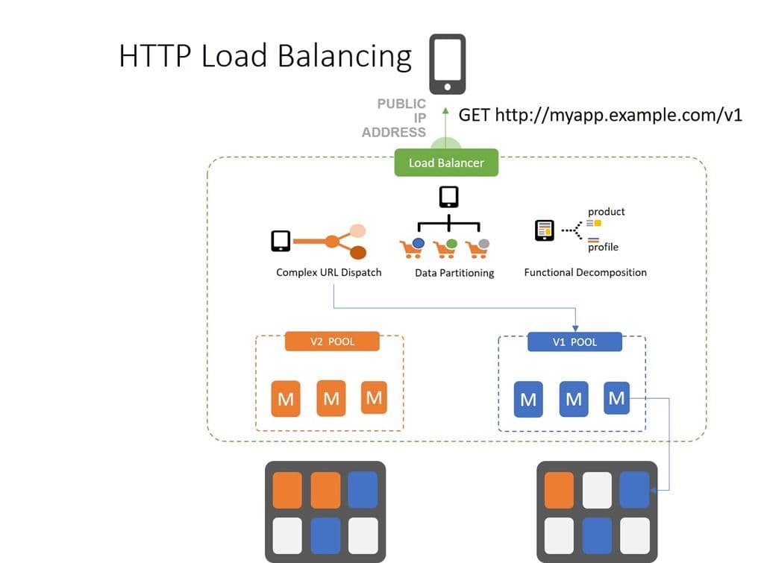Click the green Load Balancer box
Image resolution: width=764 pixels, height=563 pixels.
(446, 163)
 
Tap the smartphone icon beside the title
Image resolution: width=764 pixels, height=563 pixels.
(448, 64)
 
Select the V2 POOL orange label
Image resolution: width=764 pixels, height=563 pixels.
(332, 342)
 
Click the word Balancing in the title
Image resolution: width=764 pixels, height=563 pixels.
(343, 57)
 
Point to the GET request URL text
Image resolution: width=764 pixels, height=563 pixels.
(600, 115)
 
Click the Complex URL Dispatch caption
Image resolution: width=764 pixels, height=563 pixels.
(328, 272)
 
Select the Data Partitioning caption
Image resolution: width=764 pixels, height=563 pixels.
(454, 273)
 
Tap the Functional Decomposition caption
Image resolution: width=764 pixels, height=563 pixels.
(585, 272)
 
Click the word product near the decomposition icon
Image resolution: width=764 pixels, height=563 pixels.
(606, 212)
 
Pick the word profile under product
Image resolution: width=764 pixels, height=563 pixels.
(603, 247)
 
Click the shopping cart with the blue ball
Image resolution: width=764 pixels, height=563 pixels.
(412, 248)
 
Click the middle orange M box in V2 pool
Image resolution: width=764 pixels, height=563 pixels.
(331, 398)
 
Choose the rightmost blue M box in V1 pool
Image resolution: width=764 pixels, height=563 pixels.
(616, 397)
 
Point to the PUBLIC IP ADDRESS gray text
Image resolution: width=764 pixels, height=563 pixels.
(394, 118)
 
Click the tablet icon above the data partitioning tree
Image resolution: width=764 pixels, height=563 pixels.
(448, 197)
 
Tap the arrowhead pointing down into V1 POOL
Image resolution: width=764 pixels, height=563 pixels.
(575, 327)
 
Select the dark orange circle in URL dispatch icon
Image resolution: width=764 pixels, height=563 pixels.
(358, 252)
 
